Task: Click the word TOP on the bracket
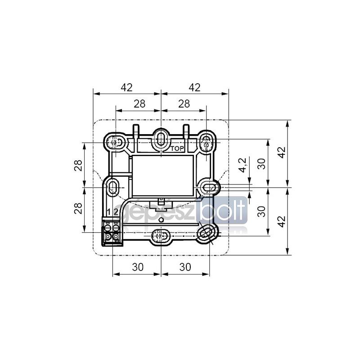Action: point(177,149)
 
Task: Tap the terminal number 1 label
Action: point(109,211)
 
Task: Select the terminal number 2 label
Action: point(116,211)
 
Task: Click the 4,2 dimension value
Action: point(243,165)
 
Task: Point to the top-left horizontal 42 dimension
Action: point(127,87)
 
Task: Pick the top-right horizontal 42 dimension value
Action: point(195,87)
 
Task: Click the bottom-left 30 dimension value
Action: point(138,267)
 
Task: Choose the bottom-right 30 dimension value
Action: point(185,267)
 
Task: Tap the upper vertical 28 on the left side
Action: point(78,165)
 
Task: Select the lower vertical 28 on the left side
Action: point(78,208)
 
